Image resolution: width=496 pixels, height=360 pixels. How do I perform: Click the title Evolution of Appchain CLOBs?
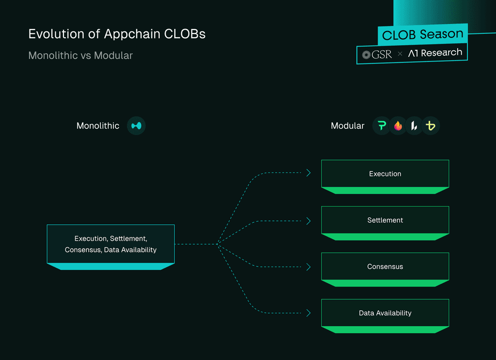point(117,34)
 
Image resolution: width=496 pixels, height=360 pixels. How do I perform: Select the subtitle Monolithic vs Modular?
point(81,55)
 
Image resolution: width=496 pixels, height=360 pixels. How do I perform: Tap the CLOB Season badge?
point(422,34)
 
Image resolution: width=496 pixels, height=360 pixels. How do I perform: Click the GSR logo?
point(377,55)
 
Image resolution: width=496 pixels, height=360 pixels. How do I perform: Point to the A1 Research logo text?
point(435,53)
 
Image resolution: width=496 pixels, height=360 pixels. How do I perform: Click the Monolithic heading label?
point(98,125)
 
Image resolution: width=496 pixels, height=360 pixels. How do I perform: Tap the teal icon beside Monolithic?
point(136,125)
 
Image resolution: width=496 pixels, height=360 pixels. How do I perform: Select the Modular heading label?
point(347,125)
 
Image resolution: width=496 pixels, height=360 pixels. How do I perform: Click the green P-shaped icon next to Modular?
point(382,125)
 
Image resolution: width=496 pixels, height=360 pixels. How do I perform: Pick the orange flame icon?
point(398,125)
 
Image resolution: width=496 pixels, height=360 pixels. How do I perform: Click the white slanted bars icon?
point(414,125)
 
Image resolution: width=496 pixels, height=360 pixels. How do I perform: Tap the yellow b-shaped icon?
point(431,125)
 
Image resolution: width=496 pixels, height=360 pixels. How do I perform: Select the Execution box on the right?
point(385,176)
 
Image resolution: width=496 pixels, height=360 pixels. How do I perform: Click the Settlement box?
point(385,223)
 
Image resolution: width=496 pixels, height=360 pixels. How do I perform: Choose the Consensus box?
point(385,269)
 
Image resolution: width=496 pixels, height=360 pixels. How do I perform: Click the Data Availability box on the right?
point(385,316)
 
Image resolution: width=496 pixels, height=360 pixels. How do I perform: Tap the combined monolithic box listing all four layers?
point(111,247)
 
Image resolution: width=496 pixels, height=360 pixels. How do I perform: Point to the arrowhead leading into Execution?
point(309,172)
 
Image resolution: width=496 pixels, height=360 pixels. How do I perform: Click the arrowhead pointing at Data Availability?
point(309,313)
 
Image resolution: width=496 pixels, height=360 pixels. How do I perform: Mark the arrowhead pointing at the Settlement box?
point(309,221)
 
